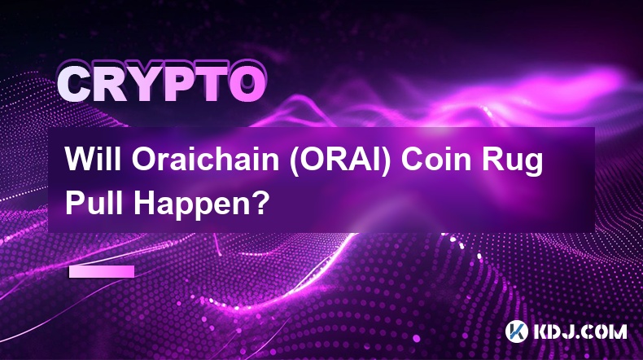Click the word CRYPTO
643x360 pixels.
(162, 84)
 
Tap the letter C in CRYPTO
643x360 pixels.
(76, 85)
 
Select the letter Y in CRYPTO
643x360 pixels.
(147, 85)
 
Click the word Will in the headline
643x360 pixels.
(93, 160)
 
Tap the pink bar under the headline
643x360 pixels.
(102, 272)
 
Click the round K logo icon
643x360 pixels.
(517, 331)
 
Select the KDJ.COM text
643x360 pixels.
(580, 331)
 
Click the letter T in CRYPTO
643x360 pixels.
(212, 85)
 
